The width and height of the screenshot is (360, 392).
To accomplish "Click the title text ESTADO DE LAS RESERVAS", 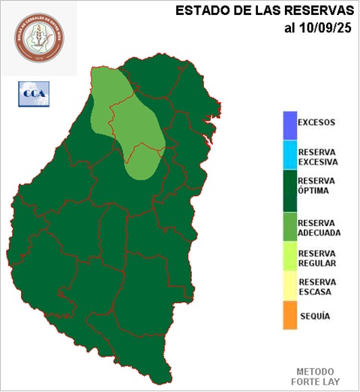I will (264, 11).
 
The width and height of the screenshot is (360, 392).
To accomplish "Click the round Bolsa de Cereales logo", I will (39, 38).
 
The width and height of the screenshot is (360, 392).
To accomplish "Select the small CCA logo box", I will (32, 95).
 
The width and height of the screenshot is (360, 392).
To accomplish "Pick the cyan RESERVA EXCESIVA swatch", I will (289, 155).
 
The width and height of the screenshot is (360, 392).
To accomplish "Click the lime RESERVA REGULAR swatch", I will (289, 258).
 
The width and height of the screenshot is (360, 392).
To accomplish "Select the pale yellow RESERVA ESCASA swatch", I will (289, 286).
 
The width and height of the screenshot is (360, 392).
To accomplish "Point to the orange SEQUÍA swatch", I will (289, 315).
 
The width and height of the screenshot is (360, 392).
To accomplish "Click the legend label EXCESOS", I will (316, 122).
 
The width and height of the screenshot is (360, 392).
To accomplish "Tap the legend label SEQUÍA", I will (314, 316).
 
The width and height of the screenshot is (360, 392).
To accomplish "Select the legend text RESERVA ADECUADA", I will (319, 228).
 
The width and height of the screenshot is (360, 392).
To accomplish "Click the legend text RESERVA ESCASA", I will (316, 287).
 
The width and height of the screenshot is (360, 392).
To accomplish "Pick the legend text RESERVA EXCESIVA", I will (318, 156).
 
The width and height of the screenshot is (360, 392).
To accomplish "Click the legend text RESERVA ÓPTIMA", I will (316, 185).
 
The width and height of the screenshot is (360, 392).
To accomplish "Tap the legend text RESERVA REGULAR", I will (316, 258).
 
